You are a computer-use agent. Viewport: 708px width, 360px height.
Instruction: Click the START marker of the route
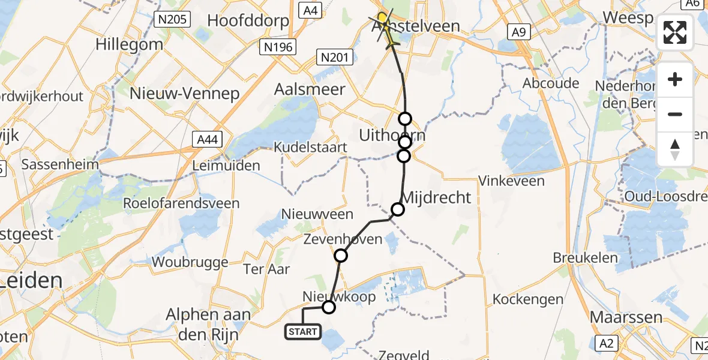(303, 332)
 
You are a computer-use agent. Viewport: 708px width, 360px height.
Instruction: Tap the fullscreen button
(675, 32)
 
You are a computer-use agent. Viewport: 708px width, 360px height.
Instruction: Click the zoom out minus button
(675, 114)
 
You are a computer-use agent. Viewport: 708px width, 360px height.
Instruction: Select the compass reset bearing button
(675, 149)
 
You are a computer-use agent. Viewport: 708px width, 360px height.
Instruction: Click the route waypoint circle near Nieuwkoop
(328, 308)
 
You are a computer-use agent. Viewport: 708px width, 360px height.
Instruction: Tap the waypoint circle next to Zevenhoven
(341, 256)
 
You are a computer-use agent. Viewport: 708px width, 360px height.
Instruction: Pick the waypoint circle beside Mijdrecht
(398, 209)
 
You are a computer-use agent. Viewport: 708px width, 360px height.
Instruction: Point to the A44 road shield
(209, 140)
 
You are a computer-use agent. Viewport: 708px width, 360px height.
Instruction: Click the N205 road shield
(172, 20)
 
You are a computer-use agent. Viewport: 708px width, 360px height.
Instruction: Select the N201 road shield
(334, 56)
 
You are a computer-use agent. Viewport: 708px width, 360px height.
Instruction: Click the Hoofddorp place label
(248, 20)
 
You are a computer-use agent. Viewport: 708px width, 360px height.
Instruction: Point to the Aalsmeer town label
(309, 89)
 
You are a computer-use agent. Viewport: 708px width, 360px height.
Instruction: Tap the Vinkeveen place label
(512, 181)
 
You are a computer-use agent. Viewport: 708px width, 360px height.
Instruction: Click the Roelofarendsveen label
(181, 203)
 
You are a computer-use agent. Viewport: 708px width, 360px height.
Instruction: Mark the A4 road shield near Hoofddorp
(309, 9)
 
